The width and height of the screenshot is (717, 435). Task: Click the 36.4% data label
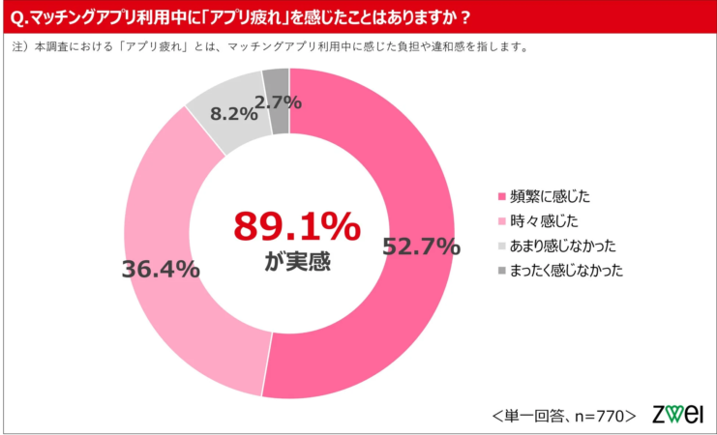coord(161,269)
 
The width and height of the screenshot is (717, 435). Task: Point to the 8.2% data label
coord(233,113)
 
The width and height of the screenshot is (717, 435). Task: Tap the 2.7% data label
coord(279,101)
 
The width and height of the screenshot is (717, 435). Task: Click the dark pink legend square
coord(500,196)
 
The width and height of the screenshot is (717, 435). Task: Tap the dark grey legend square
coord(500,271)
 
